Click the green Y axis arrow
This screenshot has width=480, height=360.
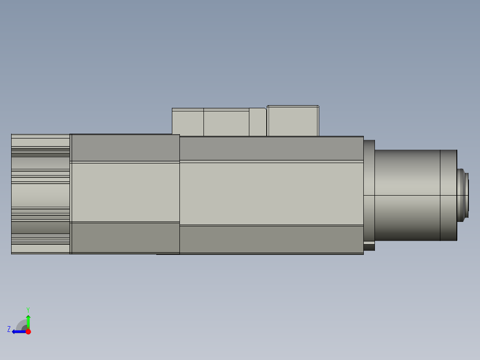pyautogui.click(x=28, y=320)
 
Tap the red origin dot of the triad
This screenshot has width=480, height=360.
pyautogui.click(x=28, y=331)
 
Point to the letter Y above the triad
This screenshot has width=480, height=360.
pyautogui.click(x=28, y=309)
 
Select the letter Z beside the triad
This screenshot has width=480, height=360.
pyautogui.click(x=9, y=329)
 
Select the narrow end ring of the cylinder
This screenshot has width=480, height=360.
pyautogui.click(x=448, y=195)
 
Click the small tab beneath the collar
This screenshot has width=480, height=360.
pyautogui.click(x=369, y=246)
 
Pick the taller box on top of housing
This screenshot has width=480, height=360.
pyautogui.click(x=293, y=121)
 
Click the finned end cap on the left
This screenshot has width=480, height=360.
pyautogui.click(x=40, y=194)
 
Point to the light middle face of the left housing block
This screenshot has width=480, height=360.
pyautogui.click(x=125, y=192)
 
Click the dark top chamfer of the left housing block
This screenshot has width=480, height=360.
pyautogui.click(x=125, y=147)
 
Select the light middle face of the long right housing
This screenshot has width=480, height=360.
pyautogui.click(x=271, y=193)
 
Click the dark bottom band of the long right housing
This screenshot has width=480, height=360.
pyautogui.click(x=271, y=239)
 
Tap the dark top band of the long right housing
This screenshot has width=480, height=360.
pyautogui.click(x=271, y=148)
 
